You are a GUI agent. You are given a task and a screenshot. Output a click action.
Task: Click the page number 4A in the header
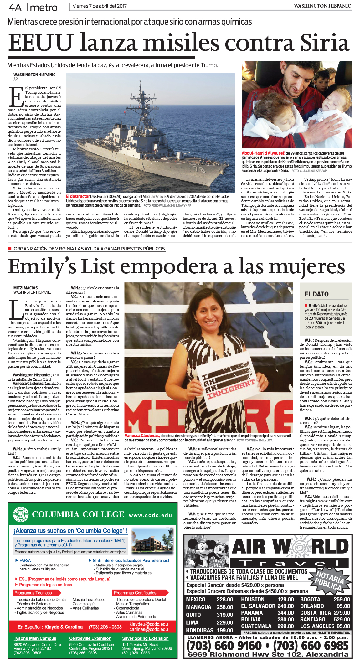15,7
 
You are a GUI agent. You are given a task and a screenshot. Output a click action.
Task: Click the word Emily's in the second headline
42,267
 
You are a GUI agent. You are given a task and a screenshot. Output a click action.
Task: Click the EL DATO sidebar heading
316,294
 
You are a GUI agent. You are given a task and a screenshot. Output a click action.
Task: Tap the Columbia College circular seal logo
21,515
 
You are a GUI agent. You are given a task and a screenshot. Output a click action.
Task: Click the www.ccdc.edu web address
150,515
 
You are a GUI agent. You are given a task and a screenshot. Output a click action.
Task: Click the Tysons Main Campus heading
35,638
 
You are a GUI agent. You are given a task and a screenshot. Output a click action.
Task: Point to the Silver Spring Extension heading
145,638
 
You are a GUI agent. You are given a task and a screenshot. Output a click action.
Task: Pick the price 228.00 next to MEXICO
225,599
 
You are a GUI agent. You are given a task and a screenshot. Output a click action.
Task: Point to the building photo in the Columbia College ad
148,541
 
